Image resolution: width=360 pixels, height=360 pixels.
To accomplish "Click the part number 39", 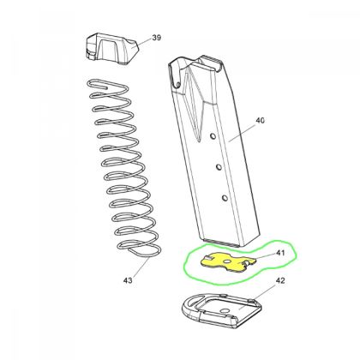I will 156,38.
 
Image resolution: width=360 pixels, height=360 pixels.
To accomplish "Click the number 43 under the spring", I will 129,280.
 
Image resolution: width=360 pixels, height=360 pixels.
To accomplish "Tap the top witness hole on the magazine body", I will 212,135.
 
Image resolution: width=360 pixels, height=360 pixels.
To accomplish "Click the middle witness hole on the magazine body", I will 219,166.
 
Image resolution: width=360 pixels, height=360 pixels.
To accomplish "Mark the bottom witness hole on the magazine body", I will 225,198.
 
